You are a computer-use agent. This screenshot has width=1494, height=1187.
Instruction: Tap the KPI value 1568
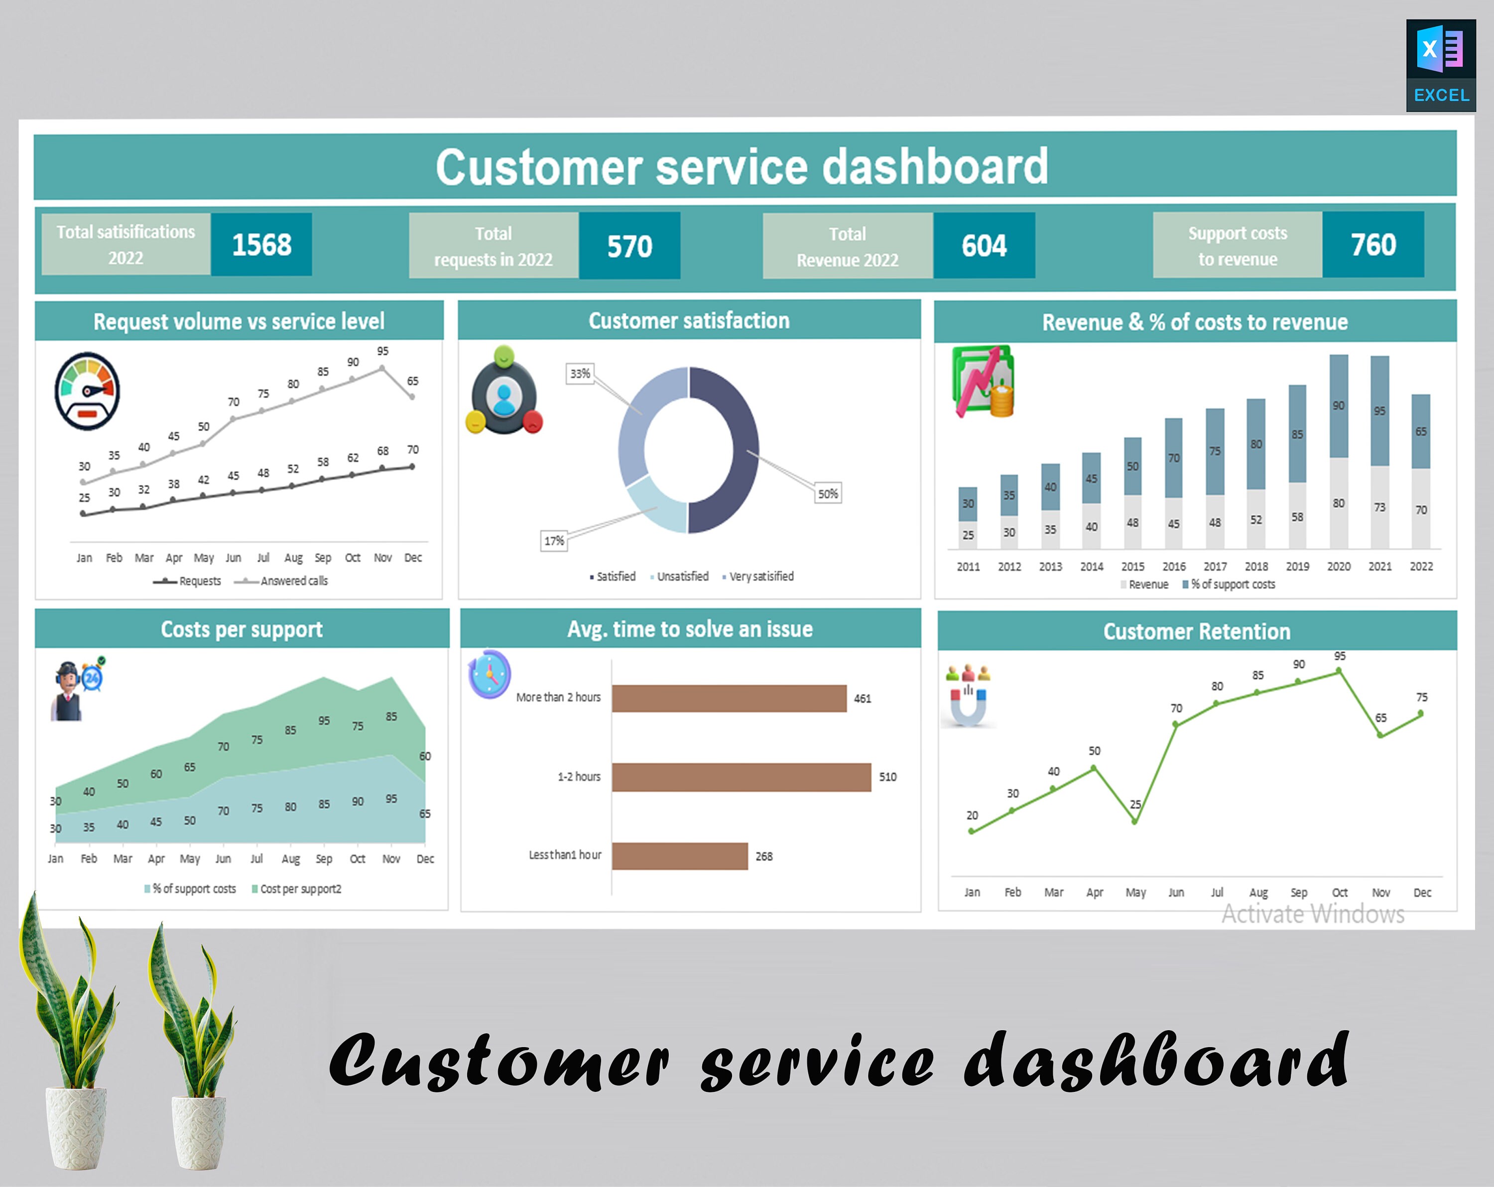pyautogui.click(x=261, y=244)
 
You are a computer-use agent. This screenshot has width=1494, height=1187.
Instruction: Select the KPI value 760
pyautogui.click(x=1372, y=244)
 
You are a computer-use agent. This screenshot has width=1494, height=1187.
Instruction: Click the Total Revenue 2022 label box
pyautogui.click(x=848, y=246)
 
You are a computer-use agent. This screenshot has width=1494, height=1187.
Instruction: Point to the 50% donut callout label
pyautogui.click(x=827, y=494)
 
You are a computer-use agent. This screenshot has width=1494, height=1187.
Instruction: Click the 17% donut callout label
pyautogui.click(x=554, y=541)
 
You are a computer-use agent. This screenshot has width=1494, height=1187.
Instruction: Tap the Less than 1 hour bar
pyautogui.click(x=679, y=856)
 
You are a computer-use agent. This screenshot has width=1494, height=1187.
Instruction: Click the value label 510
pyautogui.click(x=887, y=777)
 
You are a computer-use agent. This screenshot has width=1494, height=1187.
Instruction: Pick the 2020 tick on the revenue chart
pyautogui.click(x=1338, y=567)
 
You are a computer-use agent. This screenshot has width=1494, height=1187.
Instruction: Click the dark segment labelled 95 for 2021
pyautogui.click(x=1379, y=411)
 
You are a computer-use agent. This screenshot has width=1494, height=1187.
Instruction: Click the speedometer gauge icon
pyautogui.click(x=87, y=391)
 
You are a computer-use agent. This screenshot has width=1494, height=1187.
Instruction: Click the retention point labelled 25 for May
pyautogui.click(x=1134, y=822)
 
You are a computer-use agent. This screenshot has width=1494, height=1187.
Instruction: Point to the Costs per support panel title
pyautogui.click(x=242, y=629)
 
